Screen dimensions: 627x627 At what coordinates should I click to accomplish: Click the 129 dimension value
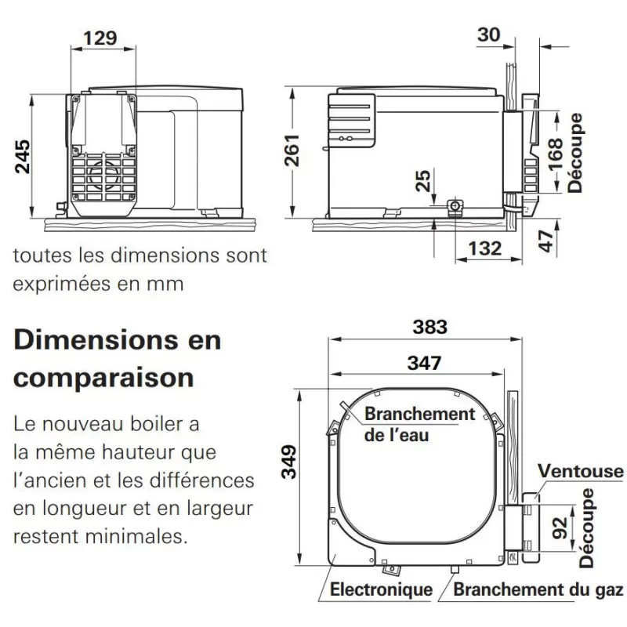100,38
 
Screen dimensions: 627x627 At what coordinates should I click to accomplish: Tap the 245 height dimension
23,156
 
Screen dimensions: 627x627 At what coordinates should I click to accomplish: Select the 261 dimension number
292,150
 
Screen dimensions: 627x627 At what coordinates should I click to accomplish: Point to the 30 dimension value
488,34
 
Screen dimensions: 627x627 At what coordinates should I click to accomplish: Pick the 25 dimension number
423,180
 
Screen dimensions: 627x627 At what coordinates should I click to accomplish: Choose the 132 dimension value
485,248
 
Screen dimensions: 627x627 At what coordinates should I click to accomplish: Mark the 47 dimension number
545,241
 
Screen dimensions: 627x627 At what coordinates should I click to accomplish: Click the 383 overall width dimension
429,327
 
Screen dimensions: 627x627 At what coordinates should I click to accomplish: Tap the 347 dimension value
424,363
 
